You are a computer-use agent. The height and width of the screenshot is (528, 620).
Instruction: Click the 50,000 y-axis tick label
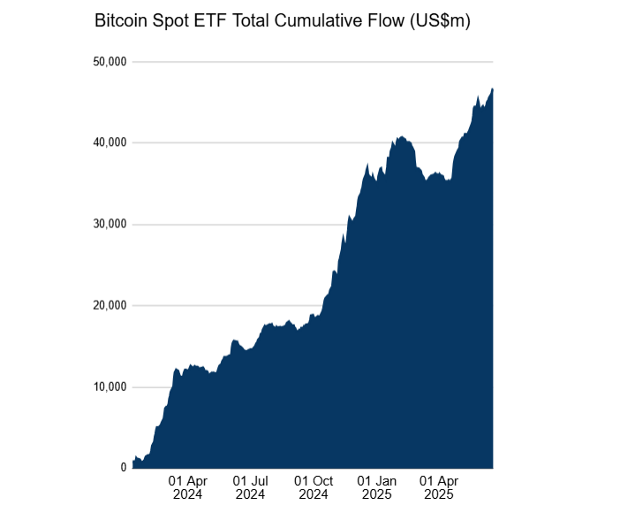coord(110,62)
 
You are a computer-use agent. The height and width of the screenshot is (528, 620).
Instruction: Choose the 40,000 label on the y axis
coord(110,143)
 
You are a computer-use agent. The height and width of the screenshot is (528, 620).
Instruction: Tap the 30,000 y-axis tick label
coord(110,225)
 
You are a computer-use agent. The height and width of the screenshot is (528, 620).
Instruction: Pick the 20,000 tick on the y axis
coord(110,306)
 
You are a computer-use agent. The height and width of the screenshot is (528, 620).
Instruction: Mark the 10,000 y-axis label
coord(110,387)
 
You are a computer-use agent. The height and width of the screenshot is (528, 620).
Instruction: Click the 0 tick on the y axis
coord(124,468)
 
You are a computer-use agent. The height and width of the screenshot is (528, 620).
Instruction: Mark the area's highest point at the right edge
coord(492,88)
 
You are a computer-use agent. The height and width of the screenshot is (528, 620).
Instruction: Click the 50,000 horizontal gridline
coord(309,62)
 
